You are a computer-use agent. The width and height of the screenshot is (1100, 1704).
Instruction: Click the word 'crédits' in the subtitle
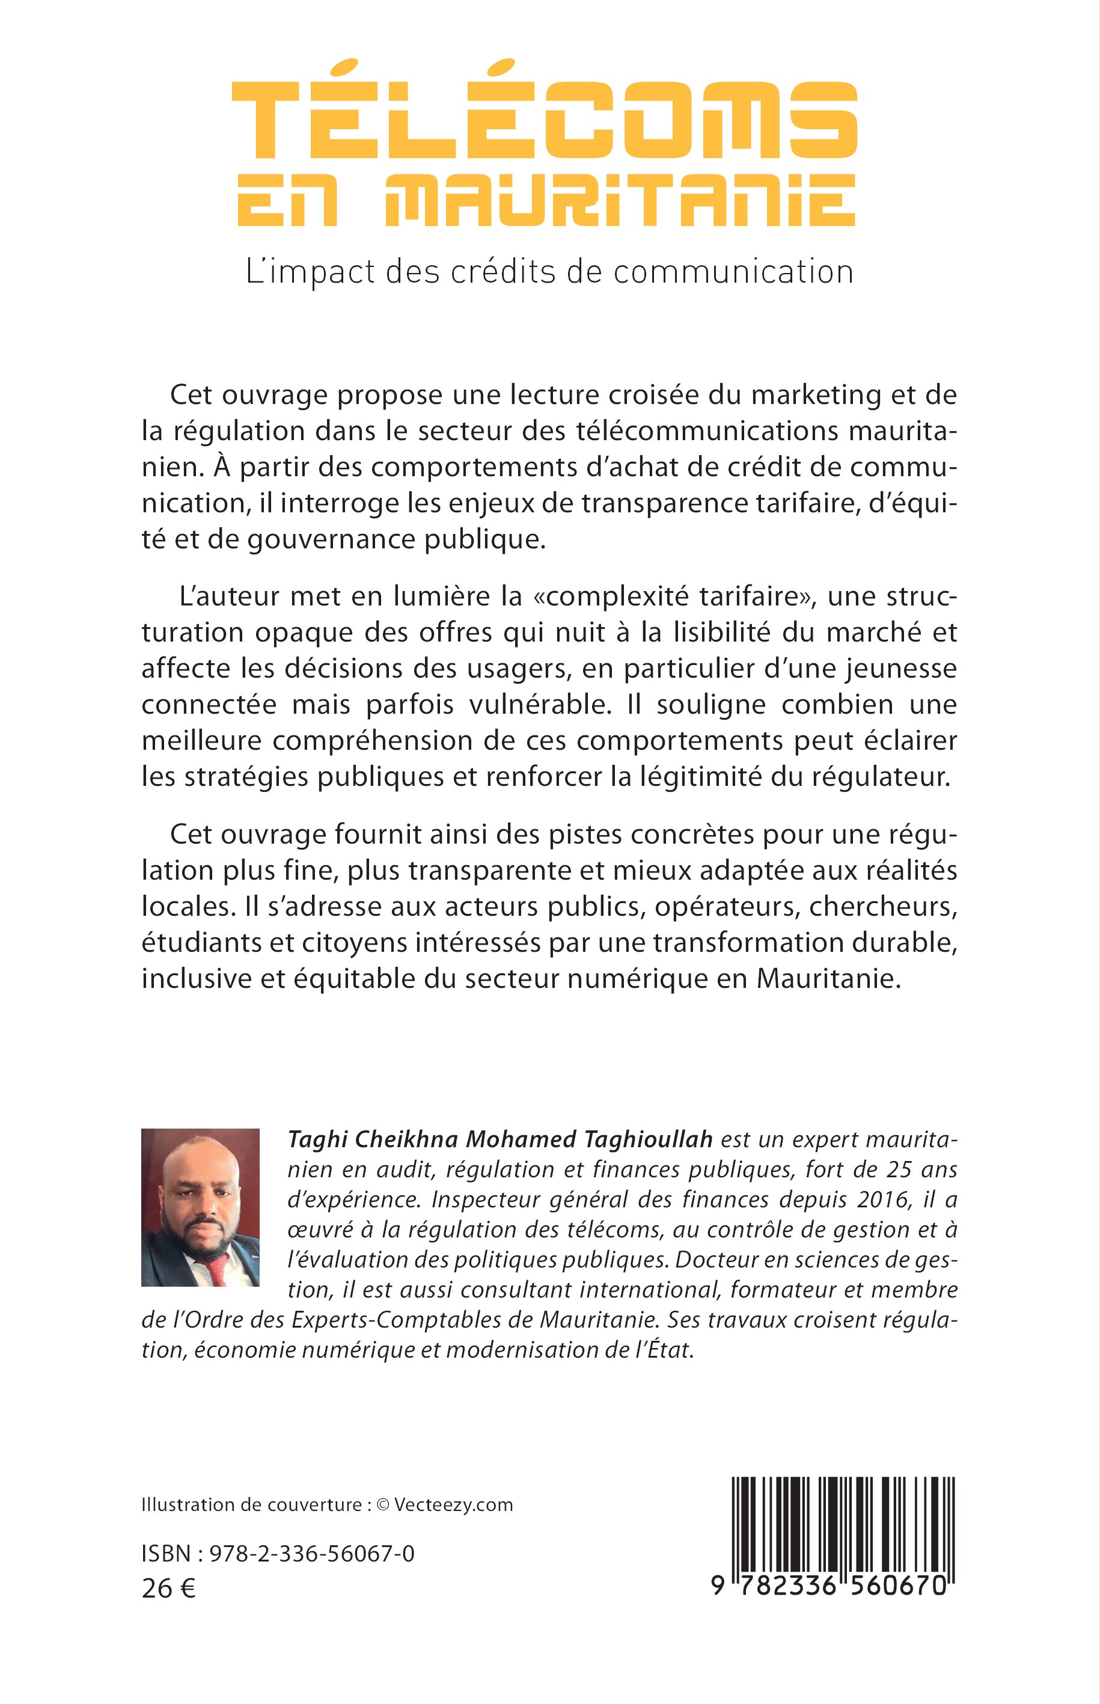click(501, 272)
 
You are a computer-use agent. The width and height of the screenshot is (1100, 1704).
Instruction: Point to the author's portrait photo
click(200, 1207)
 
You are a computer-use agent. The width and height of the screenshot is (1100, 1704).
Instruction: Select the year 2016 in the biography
click(880, 1200)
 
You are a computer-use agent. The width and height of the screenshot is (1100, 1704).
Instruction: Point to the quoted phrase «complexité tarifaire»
click(675, 596)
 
